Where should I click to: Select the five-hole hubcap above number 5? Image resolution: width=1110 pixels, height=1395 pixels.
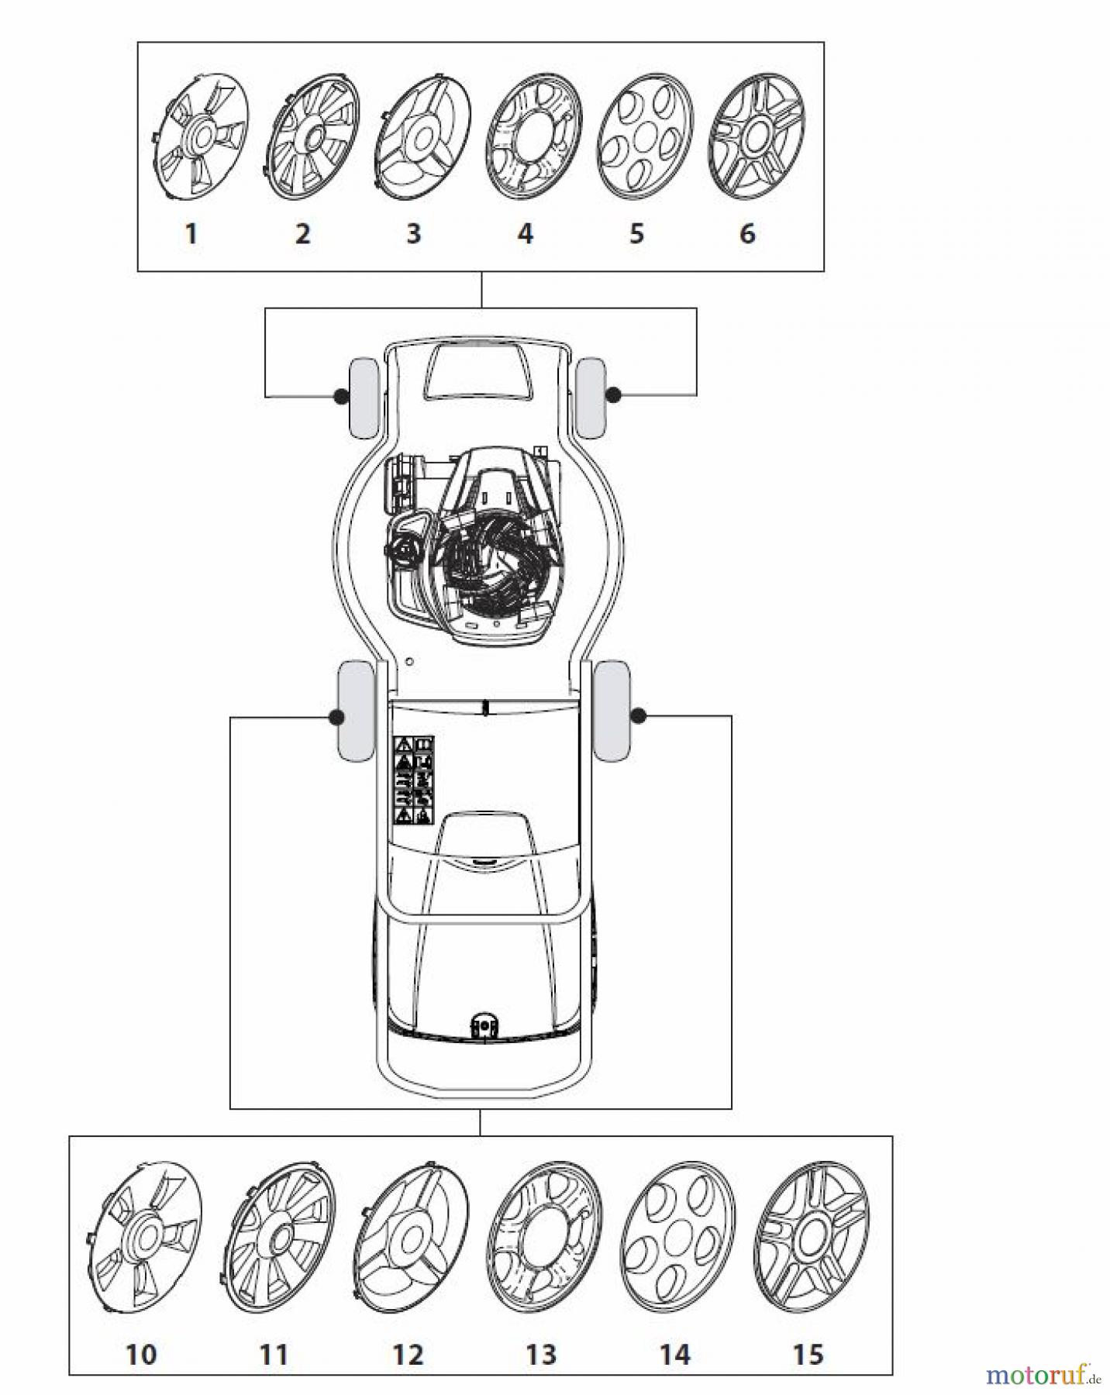[645, 140]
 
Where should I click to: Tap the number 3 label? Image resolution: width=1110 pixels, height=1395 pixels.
[413, 233]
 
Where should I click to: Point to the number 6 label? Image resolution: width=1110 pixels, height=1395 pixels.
[747, 233]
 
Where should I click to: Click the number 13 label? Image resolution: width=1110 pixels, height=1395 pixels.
[540, 1355]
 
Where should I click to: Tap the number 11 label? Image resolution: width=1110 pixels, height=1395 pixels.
[274, 1355]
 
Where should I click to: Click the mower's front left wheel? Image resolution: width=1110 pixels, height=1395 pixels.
[364, 397]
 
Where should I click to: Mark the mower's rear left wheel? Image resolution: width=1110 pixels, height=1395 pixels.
[355, 711]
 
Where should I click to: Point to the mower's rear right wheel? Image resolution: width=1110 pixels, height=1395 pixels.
[612, 711]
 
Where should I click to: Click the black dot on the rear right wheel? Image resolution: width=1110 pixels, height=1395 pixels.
[639, 716]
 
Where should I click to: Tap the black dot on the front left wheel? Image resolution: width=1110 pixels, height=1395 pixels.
[339, 397]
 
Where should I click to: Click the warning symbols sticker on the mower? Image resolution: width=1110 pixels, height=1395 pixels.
[415, 780]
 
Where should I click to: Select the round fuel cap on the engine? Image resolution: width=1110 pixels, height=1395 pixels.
[402, 551]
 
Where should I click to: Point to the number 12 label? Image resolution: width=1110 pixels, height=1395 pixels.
[408, 1355]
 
